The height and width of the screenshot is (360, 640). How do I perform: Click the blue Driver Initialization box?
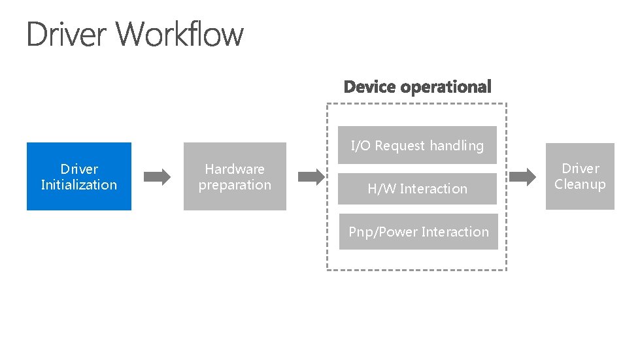coord(78,176)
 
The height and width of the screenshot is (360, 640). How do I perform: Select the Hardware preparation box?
coord(235,176)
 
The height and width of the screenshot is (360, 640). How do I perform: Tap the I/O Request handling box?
coord(417,145)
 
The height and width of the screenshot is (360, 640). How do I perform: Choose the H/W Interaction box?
coord(417,189)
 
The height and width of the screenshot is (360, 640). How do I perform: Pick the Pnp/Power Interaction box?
coord(418,232)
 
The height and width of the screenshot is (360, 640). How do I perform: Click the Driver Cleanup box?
coord(580,176)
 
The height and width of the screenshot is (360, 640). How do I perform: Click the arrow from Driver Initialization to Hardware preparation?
coord(157,176)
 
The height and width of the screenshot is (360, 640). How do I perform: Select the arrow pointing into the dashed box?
coord(312,176)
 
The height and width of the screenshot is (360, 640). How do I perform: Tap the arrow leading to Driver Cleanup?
coord(522,176)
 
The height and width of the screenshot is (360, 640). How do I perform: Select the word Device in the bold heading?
coord(370,87)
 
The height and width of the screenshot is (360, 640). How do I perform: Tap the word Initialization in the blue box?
coord(78,185)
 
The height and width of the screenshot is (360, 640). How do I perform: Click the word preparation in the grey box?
coord(235,185)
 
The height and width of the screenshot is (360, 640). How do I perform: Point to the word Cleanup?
coord(580,184)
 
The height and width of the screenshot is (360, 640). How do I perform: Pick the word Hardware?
coord(235,169)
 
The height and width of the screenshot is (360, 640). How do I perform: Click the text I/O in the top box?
coord(361,146)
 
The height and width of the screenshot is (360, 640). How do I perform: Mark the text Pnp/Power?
coord(383,232)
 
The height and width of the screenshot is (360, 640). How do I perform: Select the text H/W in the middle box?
coord(381,189)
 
